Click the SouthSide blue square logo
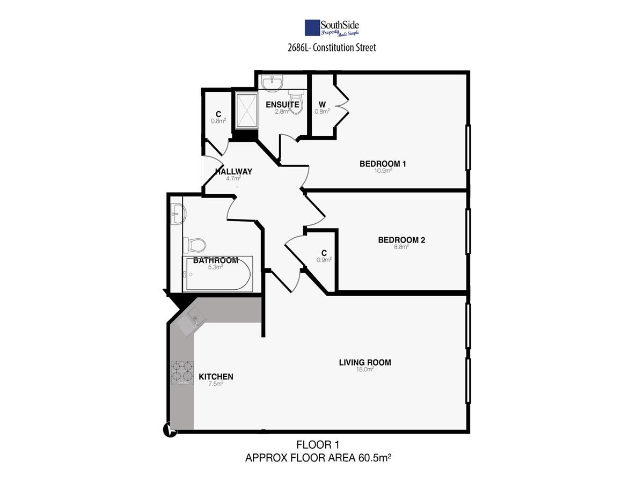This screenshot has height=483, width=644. point(312,28)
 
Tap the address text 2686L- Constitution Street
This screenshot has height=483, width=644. point(332,48)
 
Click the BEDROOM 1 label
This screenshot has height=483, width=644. point(383,164)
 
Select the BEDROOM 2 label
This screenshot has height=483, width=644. point(401,240)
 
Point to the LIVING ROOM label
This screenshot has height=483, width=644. point(365,362)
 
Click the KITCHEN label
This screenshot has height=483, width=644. point(216,377)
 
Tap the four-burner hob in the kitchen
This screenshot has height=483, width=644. point(182,373)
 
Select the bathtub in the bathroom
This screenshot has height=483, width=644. point(218,274)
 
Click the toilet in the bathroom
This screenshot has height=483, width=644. point(194,245)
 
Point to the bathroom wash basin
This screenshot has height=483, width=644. point(178,214)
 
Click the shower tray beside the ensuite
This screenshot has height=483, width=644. point(246,110)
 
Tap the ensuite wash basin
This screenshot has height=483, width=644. point(273,82)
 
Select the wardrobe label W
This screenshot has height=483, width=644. point(322,105)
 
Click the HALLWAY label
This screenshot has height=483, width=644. point(234,172)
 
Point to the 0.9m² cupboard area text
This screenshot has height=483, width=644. point(324,260)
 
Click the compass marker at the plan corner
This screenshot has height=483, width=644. point(170,430)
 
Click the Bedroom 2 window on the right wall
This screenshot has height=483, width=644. point(469,231)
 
